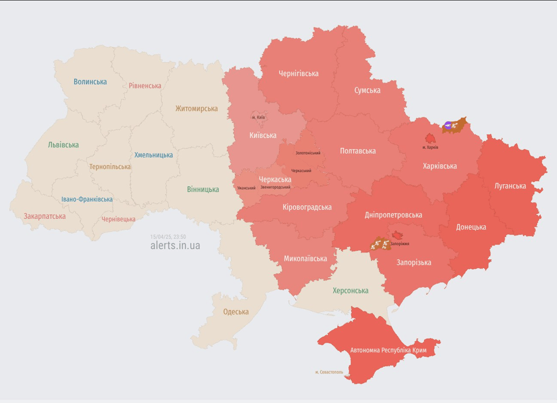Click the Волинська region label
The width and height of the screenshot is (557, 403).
90,82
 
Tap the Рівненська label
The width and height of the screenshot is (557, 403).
145,86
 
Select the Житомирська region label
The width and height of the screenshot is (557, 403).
196,109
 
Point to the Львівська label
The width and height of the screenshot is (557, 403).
63,145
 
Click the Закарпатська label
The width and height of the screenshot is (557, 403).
45,216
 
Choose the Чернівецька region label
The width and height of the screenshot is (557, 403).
118,219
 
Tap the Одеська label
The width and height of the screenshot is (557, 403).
236,312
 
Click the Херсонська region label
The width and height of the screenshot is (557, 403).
351,291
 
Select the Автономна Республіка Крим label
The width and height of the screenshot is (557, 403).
388,351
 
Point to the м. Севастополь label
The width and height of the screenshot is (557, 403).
329,372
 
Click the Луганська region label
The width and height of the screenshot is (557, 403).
510,186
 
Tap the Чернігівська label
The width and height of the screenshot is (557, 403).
299,73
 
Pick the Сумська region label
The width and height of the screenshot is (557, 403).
367,90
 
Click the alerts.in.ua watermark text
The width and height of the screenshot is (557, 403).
175,246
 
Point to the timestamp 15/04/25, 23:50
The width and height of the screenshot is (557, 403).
168,237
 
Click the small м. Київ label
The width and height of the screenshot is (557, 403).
258,117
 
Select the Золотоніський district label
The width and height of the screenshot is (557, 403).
308,153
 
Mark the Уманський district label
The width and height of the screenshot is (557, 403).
246,188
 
